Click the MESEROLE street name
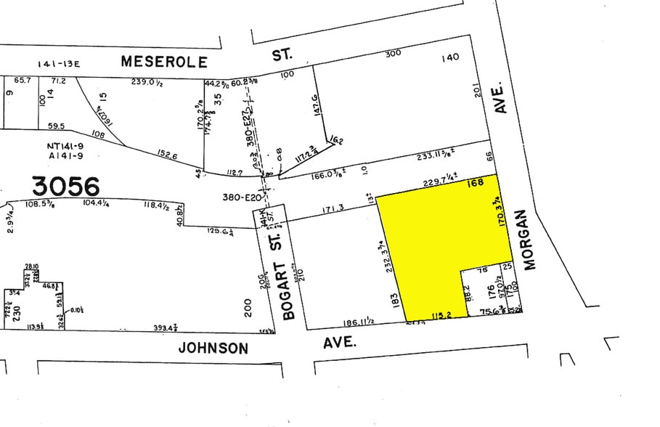click(x=164, y=62)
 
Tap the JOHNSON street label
click(x=213, y=349)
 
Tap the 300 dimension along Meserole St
click(x=393, y=54)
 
